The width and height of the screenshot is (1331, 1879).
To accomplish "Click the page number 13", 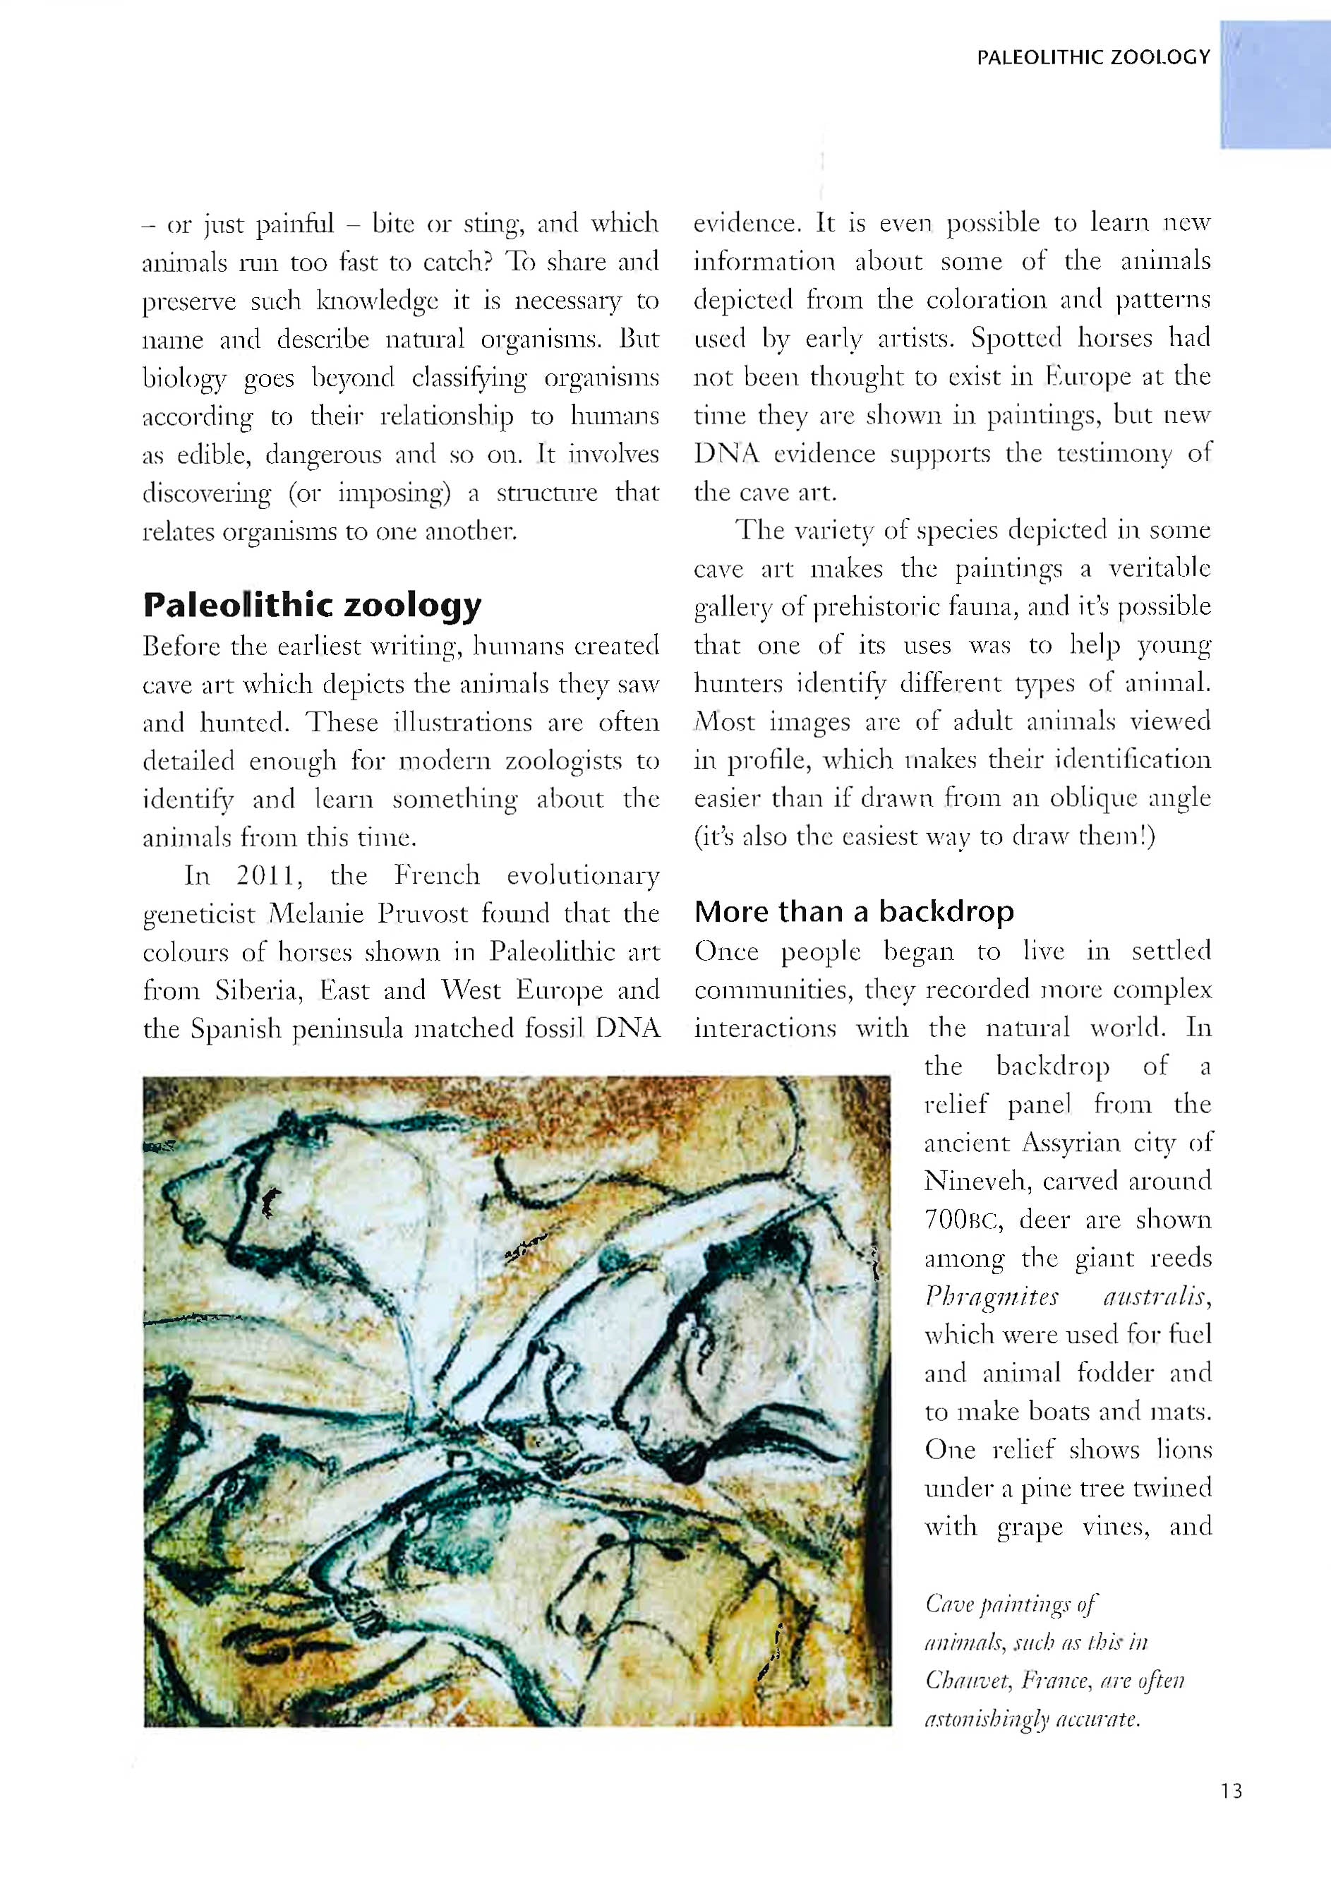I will pos(1230,1791).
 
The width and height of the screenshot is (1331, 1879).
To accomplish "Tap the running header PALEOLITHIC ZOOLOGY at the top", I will pos(1093,57).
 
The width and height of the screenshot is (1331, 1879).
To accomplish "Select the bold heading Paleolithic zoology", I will pos(311,605).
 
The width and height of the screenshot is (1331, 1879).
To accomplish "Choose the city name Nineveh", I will pos(975,1182).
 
